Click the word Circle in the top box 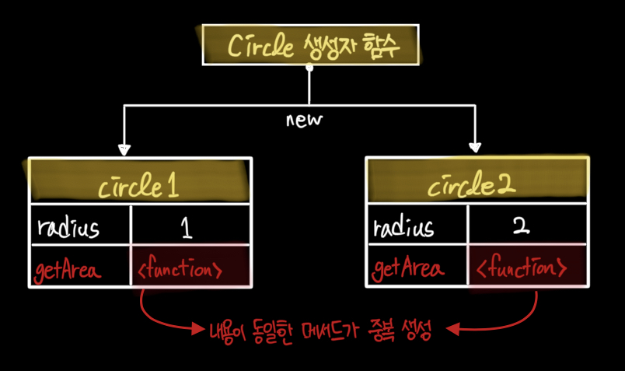[x=260, y=45]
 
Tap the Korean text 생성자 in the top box [x=329, y=45]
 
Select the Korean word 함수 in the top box [x=381, y=45]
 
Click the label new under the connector [x=304, y=120]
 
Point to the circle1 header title [x=138, y=186]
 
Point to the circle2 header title [x=472, y=184]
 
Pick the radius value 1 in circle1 [x=187, y=228]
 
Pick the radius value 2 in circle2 [x=522, y=226]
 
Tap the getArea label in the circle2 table [x=408, y=269]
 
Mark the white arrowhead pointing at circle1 [x=124, y=150]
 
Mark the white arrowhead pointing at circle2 [x=475, y=148]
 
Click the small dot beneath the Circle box [x=309, y=68]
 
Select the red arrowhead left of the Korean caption [x=198, y=329]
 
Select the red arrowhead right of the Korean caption [x=452, y=330]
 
